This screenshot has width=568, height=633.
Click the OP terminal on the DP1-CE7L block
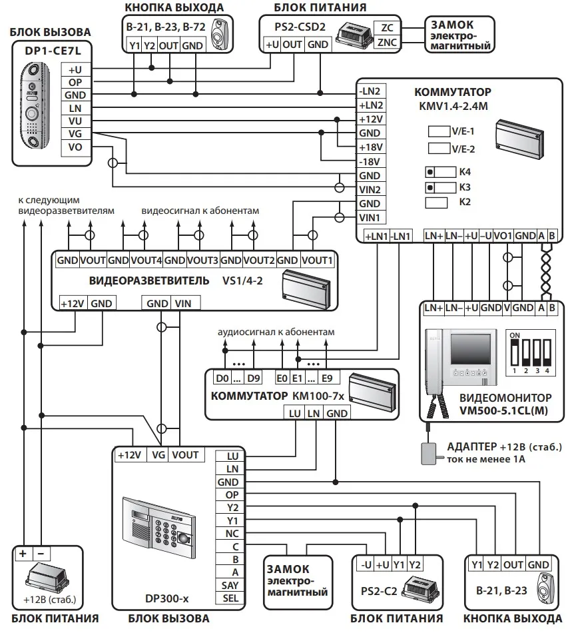click(74, 82)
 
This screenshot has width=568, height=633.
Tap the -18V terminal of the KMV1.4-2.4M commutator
click(370, 161)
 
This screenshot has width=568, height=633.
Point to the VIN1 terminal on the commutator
click(370, 218)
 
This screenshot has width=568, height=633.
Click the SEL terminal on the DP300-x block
click(232, 598)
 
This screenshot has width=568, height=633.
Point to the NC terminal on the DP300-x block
click(232, 533)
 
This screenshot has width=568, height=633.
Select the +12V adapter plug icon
click(426, 452)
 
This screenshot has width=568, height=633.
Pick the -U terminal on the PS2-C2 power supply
click(366, 564)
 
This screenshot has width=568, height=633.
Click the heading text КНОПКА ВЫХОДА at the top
click(174, 7)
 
